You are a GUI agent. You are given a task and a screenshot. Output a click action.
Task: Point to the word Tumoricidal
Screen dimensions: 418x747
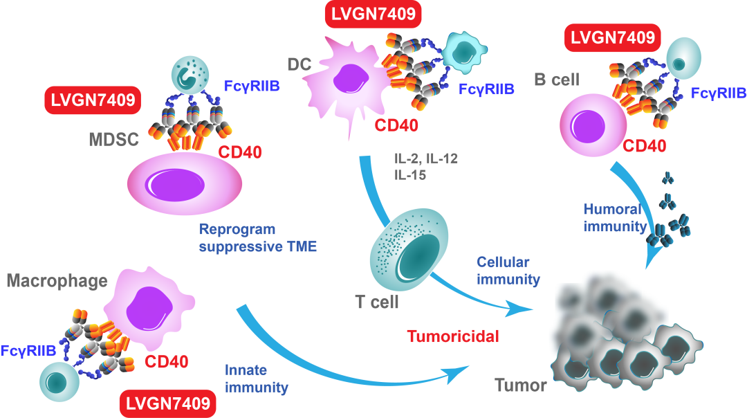(x=453, y=337)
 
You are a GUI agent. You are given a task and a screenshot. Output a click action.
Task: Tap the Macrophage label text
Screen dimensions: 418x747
(x=57, y=281)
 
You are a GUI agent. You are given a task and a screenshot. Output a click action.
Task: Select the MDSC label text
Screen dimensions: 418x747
(x=114, y=140)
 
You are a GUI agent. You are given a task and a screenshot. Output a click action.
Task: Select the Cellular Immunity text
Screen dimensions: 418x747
(x=508, y=271)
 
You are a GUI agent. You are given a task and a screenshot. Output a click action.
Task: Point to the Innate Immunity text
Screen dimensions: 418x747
(x=256, y=379)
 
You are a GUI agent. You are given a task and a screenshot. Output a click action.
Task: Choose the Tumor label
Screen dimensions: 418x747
(x=521, y=385)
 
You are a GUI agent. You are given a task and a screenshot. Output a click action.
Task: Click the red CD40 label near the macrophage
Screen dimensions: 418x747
(x=166, y=361)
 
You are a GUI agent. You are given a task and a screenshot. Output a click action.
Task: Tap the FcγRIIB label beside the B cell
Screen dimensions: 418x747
(x=719, y=93)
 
